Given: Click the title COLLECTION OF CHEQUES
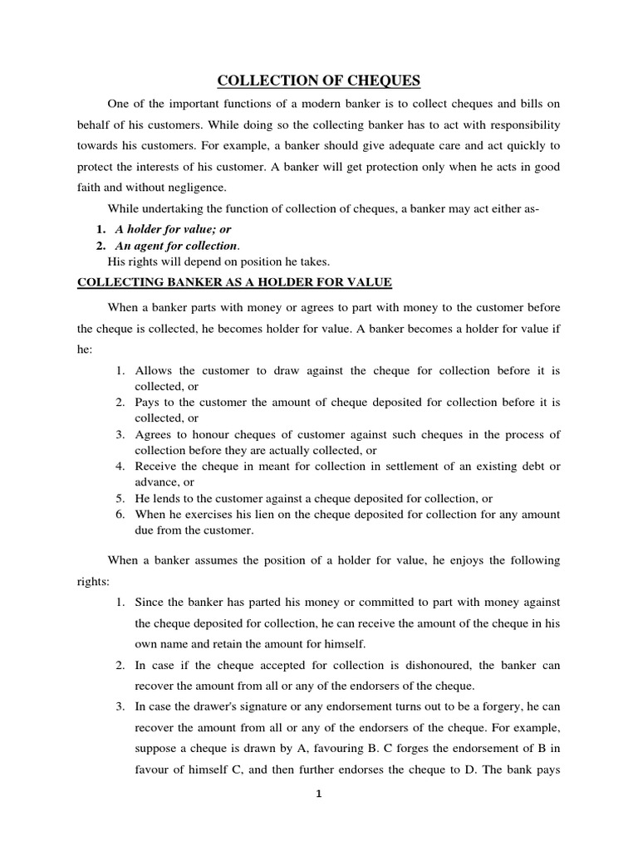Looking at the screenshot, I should pyautogui.click(x=319, y=81).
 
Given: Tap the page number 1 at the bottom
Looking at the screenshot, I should pyautogui.click(x=317, y=794).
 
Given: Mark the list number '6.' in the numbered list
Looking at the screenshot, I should pyautogui.click(x=120, y=515).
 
